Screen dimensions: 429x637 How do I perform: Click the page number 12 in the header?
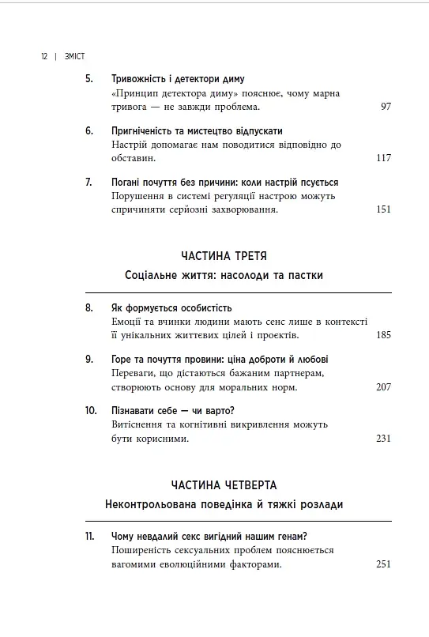coord(43,57)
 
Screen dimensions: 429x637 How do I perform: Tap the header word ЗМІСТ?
coord(74,57)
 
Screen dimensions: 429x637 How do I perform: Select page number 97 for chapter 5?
coord(385,107)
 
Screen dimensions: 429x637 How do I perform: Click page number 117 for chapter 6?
coord(383,158)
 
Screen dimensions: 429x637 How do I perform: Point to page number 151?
coord(383,209)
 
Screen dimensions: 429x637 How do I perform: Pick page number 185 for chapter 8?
coord(383,335)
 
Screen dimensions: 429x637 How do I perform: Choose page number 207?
coord(383,387)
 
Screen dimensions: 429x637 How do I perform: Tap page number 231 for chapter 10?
coord(383,439)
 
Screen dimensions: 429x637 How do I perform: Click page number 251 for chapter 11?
coord(383,564)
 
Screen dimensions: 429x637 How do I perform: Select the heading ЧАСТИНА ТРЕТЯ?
coord(224,256)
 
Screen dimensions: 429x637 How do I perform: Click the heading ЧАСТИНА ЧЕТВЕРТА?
coord(224,484)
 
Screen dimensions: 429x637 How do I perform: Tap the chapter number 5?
coord(88,79)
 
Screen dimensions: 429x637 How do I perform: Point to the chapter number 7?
coord(88,182)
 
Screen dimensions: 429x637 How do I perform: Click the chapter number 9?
coord(88,359)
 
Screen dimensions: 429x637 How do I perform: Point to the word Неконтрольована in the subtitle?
coord(154,504)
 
